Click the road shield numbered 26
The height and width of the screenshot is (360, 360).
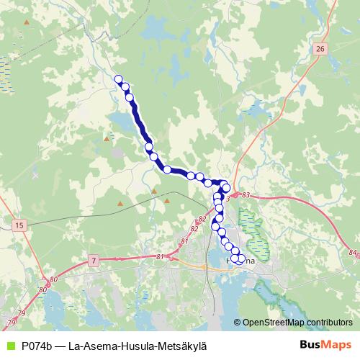click(x=320, y=48)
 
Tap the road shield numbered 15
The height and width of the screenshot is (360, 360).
click(x=19, y=225)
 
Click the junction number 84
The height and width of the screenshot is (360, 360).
click(x=352, y=252)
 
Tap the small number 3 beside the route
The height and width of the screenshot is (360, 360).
click(x=227, y=198)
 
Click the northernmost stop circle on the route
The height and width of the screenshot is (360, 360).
click(x=119, y=80)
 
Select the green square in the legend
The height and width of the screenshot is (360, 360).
click(x=9, y=345)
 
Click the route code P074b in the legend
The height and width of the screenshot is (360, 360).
click(x=34, y=345)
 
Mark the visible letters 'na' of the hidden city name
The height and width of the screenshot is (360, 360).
click(x=248, y=263)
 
